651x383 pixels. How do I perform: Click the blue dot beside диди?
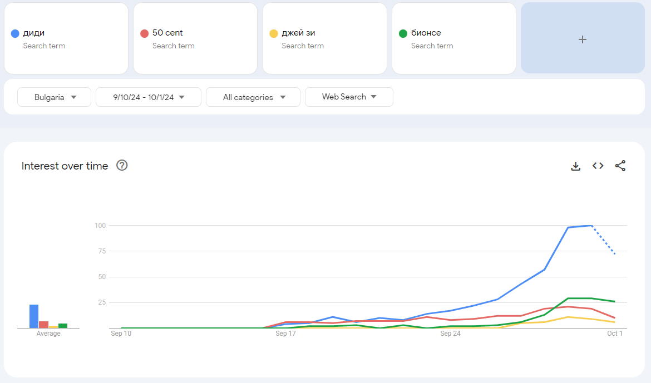(x=15, y=33)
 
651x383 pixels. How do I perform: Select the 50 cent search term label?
(x=167, y=33)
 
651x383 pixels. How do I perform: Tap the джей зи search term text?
(x=298, y=33)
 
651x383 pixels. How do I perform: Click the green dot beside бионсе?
(x=403, y=33)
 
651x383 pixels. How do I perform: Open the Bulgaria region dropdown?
(x=54, y=97)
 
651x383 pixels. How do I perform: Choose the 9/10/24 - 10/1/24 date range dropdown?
(x=148, y=97)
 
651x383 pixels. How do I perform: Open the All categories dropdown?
(x=253, y=97)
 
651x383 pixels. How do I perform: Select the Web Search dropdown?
(x=349, y=97)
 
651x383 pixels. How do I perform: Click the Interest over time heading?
(x=65, y=166)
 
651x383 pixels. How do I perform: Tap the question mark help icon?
(x=122, y=165)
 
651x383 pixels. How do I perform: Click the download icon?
(x=576, y=166)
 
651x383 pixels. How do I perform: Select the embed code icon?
(x=598, y=166)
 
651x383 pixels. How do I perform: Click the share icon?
(x=620, y=166)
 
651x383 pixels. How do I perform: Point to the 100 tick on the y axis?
(x=100, y=225)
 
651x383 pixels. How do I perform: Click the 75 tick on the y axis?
(x=102, y=251)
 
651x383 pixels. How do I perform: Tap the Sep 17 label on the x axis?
(x=285, y=334)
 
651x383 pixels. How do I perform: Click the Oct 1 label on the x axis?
(x=615, y=334)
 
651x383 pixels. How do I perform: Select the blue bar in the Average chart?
(x=34, y=316)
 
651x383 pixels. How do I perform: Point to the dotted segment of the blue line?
(x=603, y=240)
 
